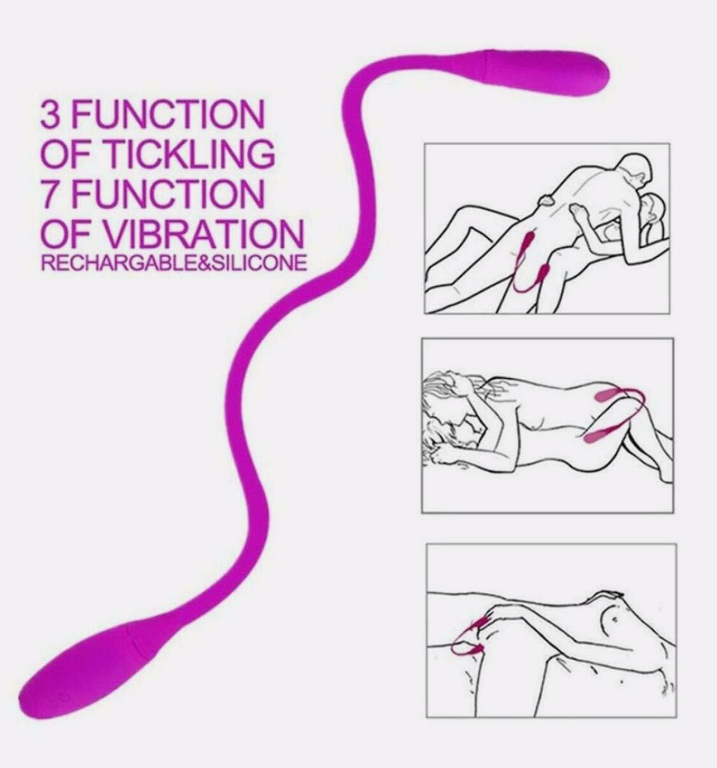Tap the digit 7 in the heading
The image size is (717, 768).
[50, 194]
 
